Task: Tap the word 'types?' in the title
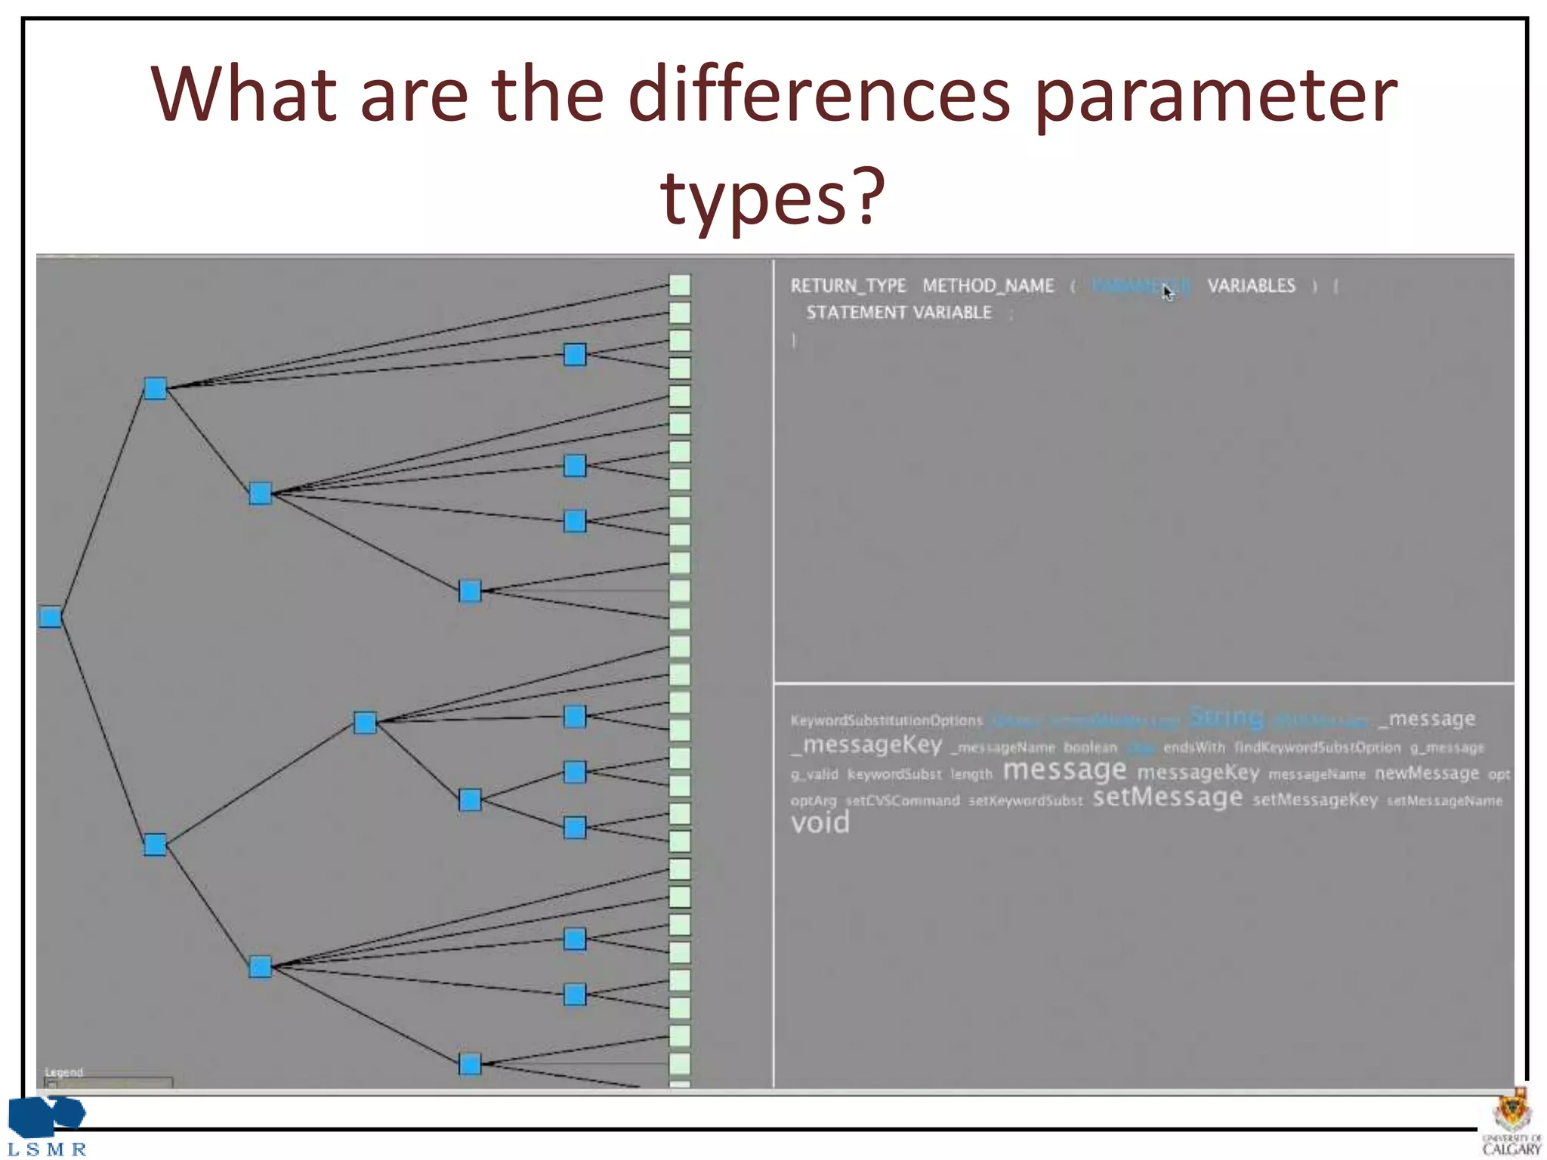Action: click(x=772, y=198)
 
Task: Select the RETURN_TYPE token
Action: click(x=848, y=285)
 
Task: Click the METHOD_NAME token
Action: click(x=987, y=285)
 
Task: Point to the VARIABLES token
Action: click(x=1251, y=285)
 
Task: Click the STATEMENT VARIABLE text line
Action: click(x=898, y=313)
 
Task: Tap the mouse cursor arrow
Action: click(x=1168, y=292)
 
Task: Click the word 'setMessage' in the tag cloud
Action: click(x=1167, y=797)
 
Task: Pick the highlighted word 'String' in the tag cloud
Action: click(x=1226, y=717)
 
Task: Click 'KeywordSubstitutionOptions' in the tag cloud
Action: click(x=886, y=720)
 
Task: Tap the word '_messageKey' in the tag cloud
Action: click(x=866, y=745)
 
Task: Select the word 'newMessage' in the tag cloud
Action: click(x=1426, y=773)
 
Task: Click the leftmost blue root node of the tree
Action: click(x=51, y=617)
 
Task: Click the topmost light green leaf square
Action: click(x=680, y=285)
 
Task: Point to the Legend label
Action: click(x=63, y=1072)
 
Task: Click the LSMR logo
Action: click(x=47, y=1125)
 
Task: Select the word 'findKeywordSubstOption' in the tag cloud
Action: click(x=1317, y=748)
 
